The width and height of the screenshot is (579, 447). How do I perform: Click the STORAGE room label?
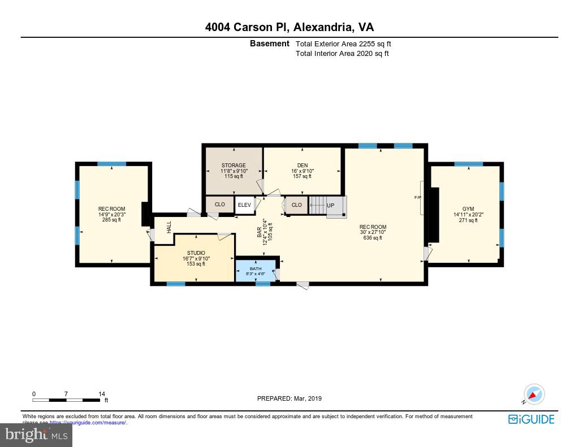[x=233, y=166]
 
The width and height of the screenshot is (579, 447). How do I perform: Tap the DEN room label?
[x=302, y=166]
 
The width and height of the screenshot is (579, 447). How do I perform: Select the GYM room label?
[x=468, y=209]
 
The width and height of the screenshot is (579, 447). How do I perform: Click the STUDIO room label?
[x=196, y=253]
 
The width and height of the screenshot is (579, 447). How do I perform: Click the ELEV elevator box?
[x=244, y=205]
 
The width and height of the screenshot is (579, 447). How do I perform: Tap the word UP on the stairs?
[x=330, y=205]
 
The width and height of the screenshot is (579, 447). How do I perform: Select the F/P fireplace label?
[x=418, y=198]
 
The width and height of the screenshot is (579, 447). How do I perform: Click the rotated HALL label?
[x=168, y=227]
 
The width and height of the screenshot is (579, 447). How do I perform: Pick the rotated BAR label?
[x=260, y=232]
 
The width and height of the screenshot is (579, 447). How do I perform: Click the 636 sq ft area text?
[x=373, y=238]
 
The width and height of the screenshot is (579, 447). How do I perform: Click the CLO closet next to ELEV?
[x=220, y=205]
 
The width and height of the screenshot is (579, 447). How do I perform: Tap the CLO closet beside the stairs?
[x=296, y=205]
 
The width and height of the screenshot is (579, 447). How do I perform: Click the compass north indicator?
[x=533, y=394]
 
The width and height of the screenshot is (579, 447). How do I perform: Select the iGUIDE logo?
[x=531, y=419]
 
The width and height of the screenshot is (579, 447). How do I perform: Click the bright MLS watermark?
[x=36, y=435]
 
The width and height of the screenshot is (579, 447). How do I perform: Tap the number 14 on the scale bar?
[x=102, y=394]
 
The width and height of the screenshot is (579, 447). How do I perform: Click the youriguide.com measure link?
[x=88, y=422]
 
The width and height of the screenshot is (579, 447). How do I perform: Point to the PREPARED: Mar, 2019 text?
[x=289, y=398]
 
